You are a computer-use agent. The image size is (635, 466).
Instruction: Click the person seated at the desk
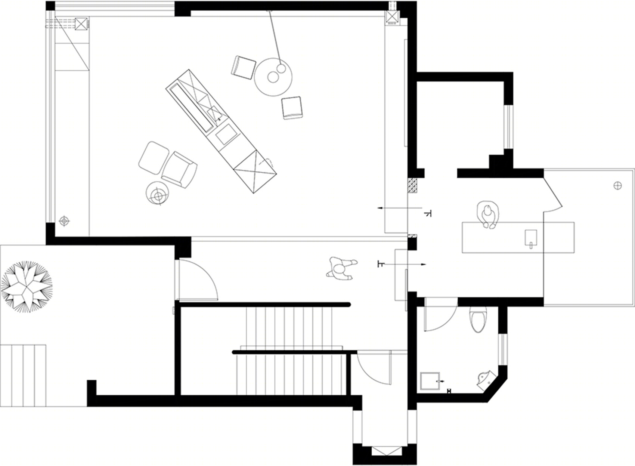488,215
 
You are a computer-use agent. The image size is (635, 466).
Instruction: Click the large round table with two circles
273,77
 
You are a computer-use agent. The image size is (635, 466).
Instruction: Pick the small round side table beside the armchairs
157,193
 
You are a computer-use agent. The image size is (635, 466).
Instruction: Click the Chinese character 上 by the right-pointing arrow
381,264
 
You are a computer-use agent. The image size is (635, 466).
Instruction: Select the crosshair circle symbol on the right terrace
618,186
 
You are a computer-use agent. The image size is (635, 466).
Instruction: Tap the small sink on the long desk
531,239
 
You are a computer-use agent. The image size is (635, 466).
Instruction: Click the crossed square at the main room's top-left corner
82,24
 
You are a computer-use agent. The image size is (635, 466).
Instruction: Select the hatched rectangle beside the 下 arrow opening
412,186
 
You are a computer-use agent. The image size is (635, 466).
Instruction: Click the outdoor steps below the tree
23,376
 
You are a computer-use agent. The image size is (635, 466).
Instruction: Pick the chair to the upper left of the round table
244,68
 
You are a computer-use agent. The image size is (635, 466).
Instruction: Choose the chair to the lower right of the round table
292,108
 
